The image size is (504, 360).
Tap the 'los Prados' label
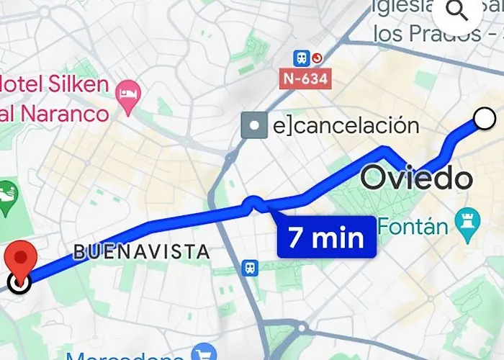[415, 33]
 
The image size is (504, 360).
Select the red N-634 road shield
[306, 78]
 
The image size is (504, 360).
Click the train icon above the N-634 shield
[300, 56]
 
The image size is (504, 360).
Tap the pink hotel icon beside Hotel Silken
[129, 96]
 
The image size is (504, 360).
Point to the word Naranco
[65, 112]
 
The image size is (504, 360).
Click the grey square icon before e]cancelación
[254, 127]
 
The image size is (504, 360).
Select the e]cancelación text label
[346, 126]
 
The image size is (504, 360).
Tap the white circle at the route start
[485, 117]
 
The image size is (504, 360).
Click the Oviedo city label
[416, 177]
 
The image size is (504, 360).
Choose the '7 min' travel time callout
[326, 237]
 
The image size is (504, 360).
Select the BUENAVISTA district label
[142, 252]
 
